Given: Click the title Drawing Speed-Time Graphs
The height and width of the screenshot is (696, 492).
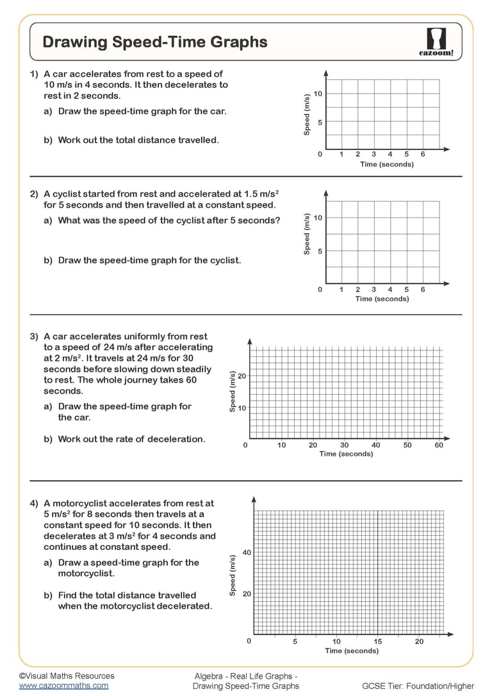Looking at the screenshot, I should point(154,42).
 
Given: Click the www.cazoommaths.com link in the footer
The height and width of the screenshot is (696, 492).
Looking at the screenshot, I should point(63,685).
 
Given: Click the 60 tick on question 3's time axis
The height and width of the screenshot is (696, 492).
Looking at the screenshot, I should point(439,445).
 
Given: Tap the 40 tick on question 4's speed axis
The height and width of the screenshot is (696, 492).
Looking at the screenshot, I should point(247,552).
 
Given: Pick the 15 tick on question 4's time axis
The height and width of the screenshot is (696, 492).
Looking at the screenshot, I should point(378,641).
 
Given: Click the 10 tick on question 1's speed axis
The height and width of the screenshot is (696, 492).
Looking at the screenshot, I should point(318,94).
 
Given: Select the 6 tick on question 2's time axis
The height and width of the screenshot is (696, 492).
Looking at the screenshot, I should point(423,290).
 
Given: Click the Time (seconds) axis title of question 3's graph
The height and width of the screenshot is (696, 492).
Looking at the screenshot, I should point(346,454).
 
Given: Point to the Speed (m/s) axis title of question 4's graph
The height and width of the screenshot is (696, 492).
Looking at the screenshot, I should point(233,574).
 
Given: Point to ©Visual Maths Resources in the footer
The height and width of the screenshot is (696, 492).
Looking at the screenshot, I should point(67,675).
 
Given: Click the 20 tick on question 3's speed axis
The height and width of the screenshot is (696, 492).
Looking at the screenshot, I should point(242,376).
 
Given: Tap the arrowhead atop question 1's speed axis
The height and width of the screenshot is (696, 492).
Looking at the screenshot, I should point(326,72).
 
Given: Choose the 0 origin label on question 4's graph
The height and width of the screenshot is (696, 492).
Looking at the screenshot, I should point(249,641).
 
